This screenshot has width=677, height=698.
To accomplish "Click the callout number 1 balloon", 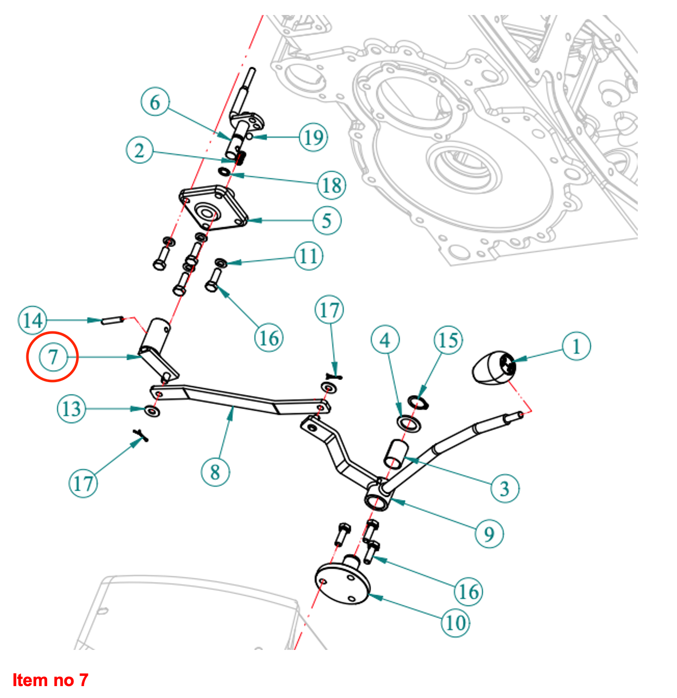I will pos(576,346).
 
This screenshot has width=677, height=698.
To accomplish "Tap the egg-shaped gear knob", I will pos(493,368).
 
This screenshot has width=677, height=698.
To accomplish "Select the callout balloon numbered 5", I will pos(327,221).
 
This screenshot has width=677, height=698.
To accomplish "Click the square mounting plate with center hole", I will pos(213,209).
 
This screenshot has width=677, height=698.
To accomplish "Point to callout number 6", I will pos(155,102).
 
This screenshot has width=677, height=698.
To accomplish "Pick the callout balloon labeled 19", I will pos(314,137).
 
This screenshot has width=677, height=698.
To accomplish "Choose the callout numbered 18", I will pos(331,185).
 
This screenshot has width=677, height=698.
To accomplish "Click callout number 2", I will pos(140,150).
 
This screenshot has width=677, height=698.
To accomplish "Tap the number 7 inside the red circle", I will pos(52,357).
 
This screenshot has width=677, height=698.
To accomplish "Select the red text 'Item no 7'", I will pos(50,680).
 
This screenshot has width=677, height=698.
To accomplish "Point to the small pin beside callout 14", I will pos(111,320).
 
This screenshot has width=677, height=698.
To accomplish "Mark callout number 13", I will pos(71,409).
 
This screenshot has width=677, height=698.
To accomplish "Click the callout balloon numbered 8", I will pos(215,472).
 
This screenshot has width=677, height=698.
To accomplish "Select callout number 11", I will pos(309,256).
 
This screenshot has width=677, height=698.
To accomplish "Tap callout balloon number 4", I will pos(385,340).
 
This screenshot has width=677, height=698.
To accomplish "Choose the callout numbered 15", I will pos(448,340).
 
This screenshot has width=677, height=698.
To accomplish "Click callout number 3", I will pos(504,488).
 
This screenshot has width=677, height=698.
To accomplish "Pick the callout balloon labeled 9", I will pos(489,534).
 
